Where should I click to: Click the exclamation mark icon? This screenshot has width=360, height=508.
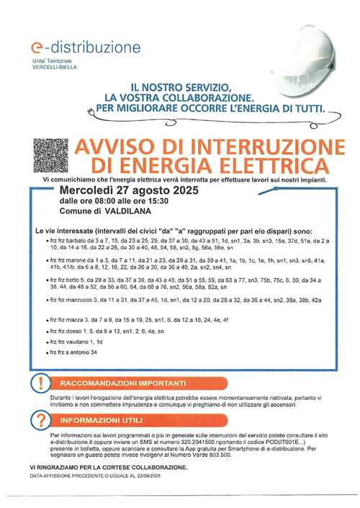tap(42, 383)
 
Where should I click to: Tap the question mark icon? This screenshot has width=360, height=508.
tap(42, 420)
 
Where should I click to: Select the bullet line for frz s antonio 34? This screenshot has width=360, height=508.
tap(71, 352)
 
